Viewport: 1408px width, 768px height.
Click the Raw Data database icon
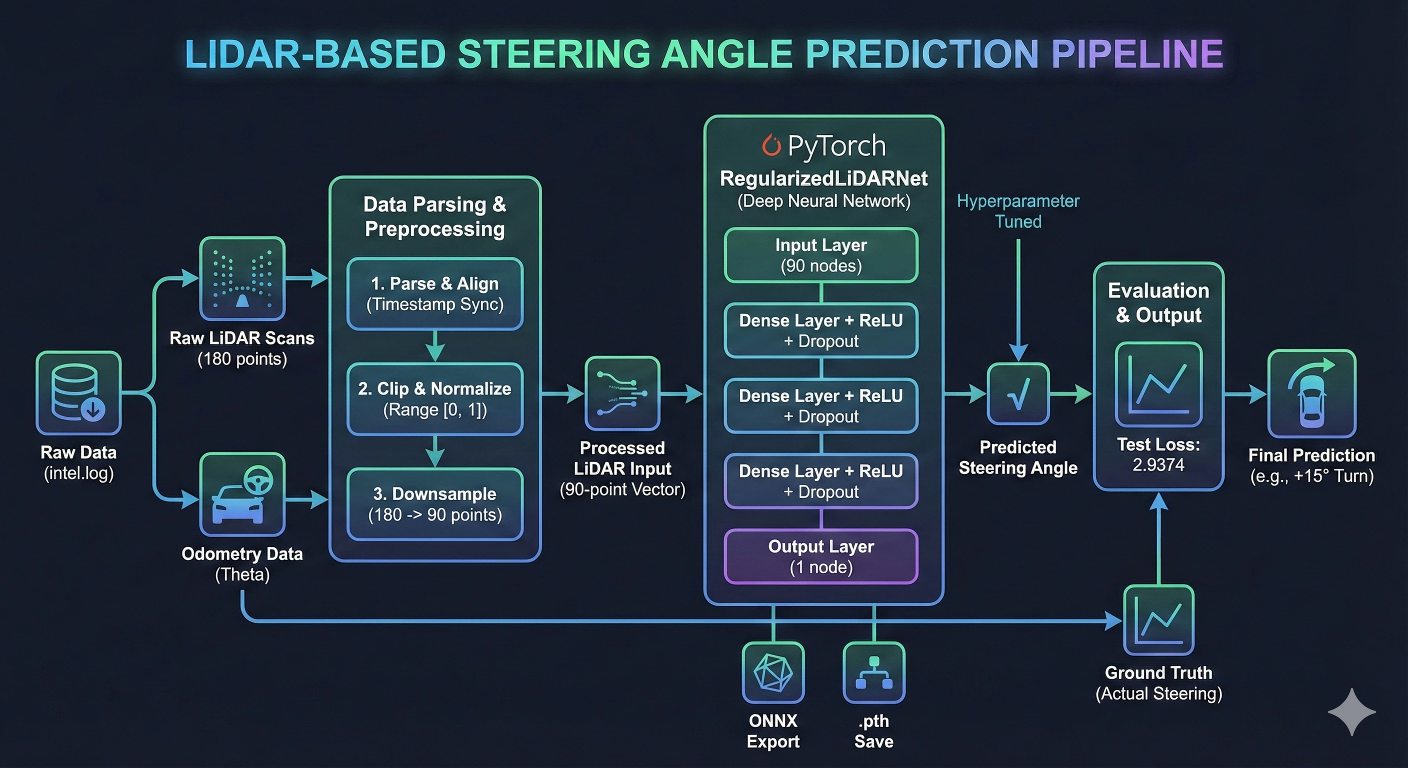coord(78,393)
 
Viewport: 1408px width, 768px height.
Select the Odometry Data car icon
coord(242,494)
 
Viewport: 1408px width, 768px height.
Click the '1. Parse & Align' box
coord(434,293)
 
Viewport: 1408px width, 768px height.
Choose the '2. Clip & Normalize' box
coord(434,399)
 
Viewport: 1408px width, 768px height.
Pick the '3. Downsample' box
coord(434,504)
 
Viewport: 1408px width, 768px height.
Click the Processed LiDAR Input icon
coord(622,393)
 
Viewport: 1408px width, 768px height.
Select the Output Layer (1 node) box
coord(821,556)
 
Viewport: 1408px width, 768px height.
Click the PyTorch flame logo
coord(771,145)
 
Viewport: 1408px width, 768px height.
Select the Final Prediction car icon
coord(1311,393)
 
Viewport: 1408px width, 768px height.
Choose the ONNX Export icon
coord(773,672)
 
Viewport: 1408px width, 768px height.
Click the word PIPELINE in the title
coord(1137,54)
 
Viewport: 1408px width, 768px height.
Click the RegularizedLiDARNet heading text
coord(823,178)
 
